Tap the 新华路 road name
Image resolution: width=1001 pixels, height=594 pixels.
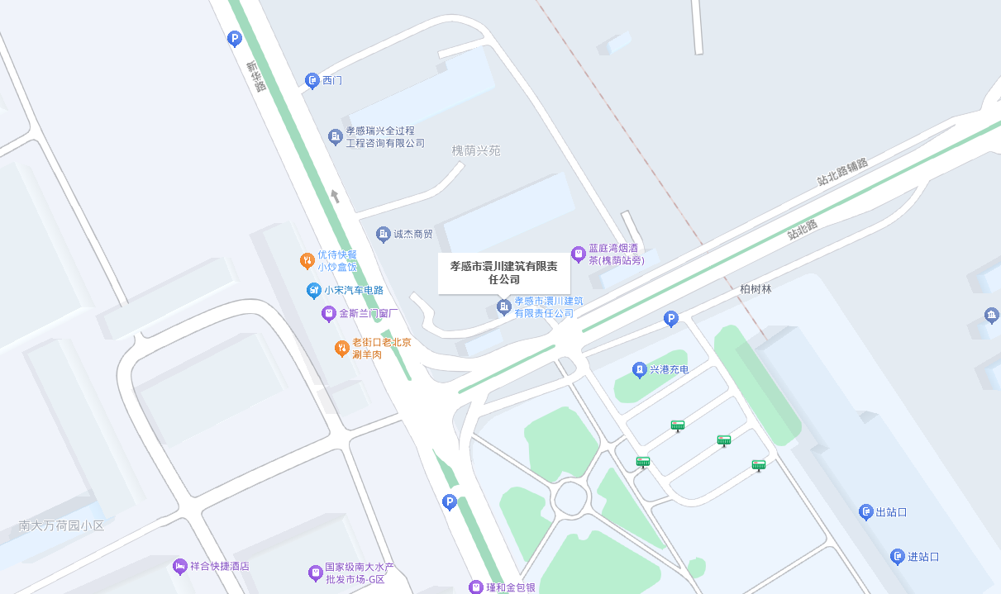tap(255, 75)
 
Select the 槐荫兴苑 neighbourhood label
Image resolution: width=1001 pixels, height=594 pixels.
tap(476, 151)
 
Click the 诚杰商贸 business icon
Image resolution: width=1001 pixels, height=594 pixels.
tap(383, 235)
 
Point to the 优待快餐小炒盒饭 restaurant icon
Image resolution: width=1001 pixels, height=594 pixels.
tap(307, 261)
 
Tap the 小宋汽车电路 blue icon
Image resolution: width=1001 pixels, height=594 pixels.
tap(313, 290)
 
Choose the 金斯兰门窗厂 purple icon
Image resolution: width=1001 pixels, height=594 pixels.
tap(329, 314)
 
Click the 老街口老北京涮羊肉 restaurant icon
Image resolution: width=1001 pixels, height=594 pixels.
tap(341, 349)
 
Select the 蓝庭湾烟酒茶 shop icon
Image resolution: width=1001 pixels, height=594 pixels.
tap(579, 254)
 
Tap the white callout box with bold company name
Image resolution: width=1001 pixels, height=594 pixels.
tap(503, 273)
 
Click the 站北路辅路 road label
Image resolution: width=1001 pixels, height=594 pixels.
tap(842, 173)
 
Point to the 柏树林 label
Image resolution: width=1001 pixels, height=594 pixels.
tap(756, 290)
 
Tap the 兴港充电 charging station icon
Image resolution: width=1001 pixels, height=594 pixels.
tap(639, 369)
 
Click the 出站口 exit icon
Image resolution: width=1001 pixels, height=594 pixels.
tap(866, 512)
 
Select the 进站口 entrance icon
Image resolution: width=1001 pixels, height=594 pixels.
tap(898, 557)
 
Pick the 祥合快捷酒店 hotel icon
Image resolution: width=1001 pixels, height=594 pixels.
tap(180, 567)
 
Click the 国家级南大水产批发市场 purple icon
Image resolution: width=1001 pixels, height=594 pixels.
tap(315, 573)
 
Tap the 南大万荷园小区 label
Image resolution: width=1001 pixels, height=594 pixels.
tap(62, 525)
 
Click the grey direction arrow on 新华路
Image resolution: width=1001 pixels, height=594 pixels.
tap(335, 196)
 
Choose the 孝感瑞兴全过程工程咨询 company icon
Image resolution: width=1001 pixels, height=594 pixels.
tap(335, 136)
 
